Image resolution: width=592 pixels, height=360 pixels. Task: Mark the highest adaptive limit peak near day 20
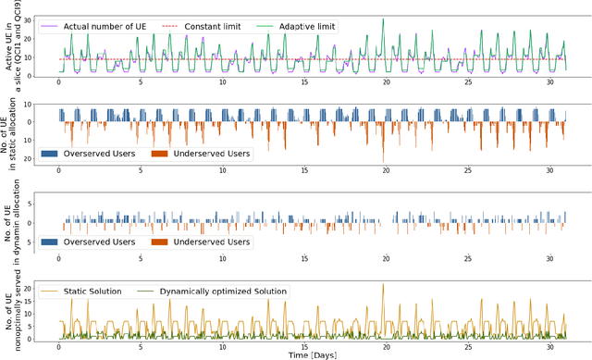click(382, 19)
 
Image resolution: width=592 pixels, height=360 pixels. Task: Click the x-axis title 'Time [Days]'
click(312, 354)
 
